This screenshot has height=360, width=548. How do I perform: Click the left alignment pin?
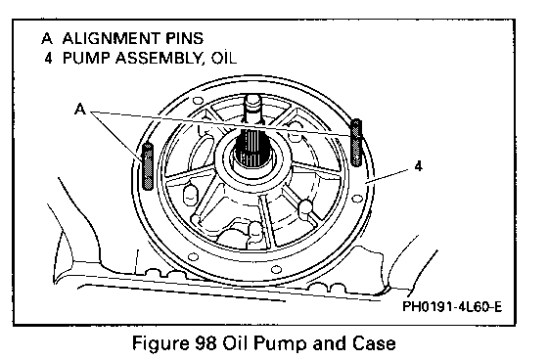(x=148, y=166)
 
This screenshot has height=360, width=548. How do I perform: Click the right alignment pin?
(x=356, y=143)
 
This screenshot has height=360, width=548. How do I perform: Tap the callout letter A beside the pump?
(x=80, y=110)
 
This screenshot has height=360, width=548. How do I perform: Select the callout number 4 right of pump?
(x=419, y=166)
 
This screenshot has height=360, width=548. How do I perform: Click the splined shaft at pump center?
(x=250, y=148)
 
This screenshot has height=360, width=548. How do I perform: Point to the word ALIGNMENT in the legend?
(x=112, y=38)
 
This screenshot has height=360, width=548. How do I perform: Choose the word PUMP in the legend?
(x=86, y=58)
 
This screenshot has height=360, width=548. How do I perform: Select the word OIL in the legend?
(x=224, y=58)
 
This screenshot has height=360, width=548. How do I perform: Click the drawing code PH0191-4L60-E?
(x=452, y=307)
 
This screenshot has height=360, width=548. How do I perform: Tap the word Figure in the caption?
(x=160, y=344)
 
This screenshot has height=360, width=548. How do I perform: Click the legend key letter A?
(x=47, y=38)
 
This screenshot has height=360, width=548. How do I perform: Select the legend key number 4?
(x=48, y=58)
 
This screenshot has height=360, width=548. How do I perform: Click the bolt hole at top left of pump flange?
(x=198, y=101)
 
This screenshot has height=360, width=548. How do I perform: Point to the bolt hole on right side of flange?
(x=356, y=199)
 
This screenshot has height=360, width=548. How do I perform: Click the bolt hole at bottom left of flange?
(x=193, y=257)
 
